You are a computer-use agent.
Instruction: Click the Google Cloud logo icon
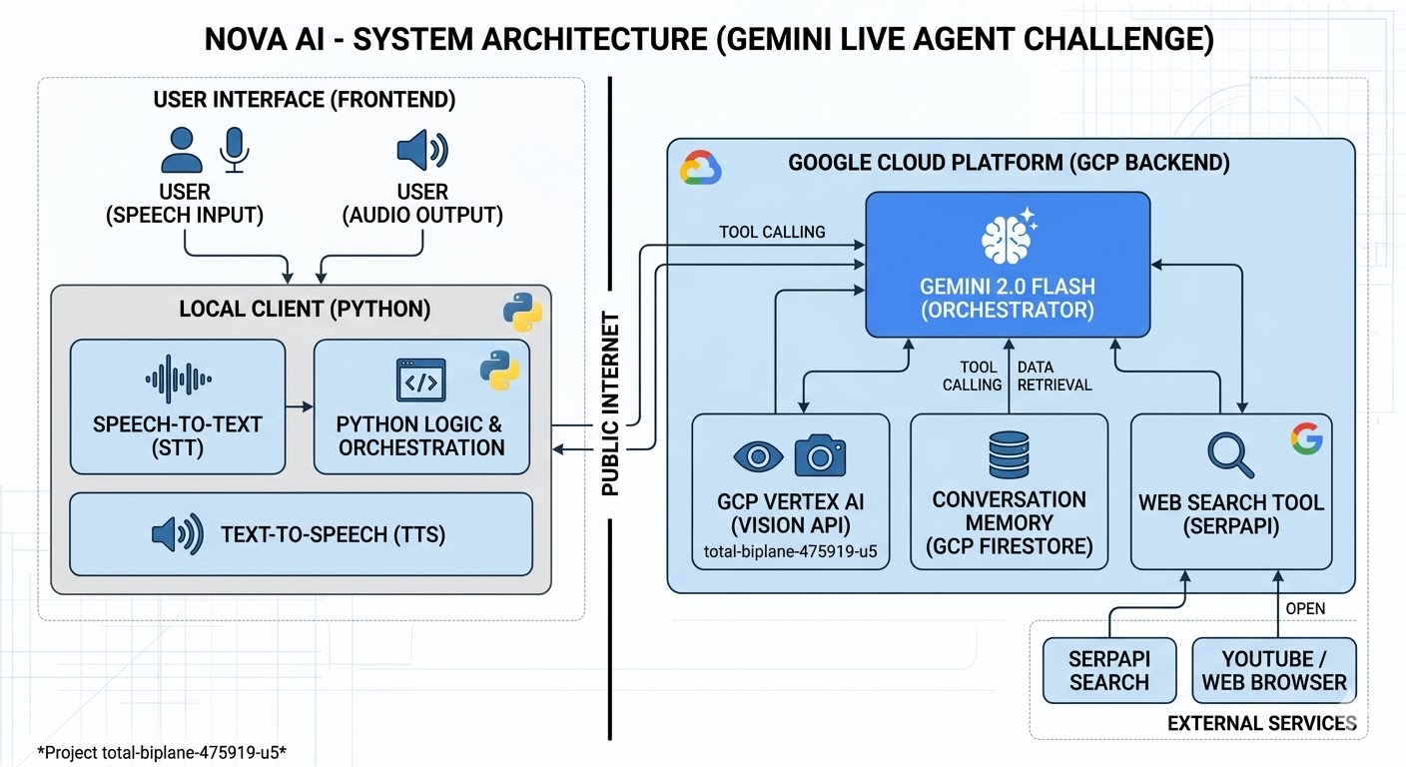coord(700,169)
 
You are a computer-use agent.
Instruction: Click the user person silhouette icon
coord(182,151)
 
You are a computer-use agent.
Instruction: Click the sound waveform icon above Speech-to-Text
coord(178,379)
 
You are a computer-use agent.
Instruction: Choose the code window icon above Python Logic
coord(420,381)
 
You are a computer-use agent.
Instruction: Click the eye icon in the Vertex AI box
coord(759,457)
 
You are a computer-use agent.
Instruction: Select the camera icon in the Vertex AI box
coord(820,455)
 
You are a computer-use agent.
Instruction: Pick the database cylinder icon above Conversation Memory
coord(1009,454)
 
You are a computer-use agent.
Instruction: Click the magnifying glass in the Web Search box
coord(1230,453)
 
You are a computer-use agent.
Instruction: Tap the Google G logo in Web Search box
coord(1305,438)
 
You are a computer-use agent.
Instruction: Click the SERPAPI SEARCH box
coord(1109,671)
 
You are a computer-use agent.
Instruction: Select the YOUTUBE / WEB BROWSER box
coord(1274,671)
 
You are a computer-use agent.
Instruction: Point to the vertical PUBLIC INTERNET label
coord(611,404)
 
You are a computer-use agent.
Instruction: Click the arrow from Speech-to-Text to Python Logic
coord(299,406)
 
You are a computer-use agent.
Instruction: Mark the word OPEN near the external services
coord(1305,609)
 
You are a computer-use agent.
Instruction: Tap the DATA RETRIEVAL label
coord(1054,377)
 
